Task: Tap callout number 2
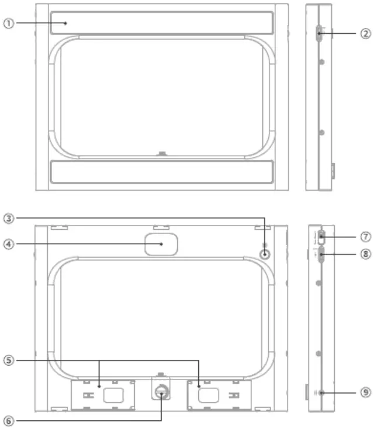click(x=365, y=33)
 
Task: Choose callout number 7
click(x=365, y=237)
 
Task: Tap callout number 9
click(x=365, y=392)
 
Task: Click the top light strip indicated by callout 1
click(x=162, y=23)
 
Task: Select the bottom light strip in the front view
click(x=162, y=172)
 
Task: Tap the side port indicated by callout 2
click(x=319, y=33)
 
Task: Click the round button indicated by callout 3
click(x=265, y=254)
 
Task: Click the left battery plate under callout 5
click(x=103, y=395)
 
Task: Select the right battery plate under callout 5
click(x=218, y=395)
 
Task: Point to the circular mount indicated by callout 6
click(x=162, y=393)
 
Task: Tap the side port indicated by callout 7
click(x=320, y=238)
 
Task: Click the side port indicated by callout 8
click(x=320, y=254)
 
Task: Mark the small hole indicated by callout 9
click(x=321, y=392)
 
